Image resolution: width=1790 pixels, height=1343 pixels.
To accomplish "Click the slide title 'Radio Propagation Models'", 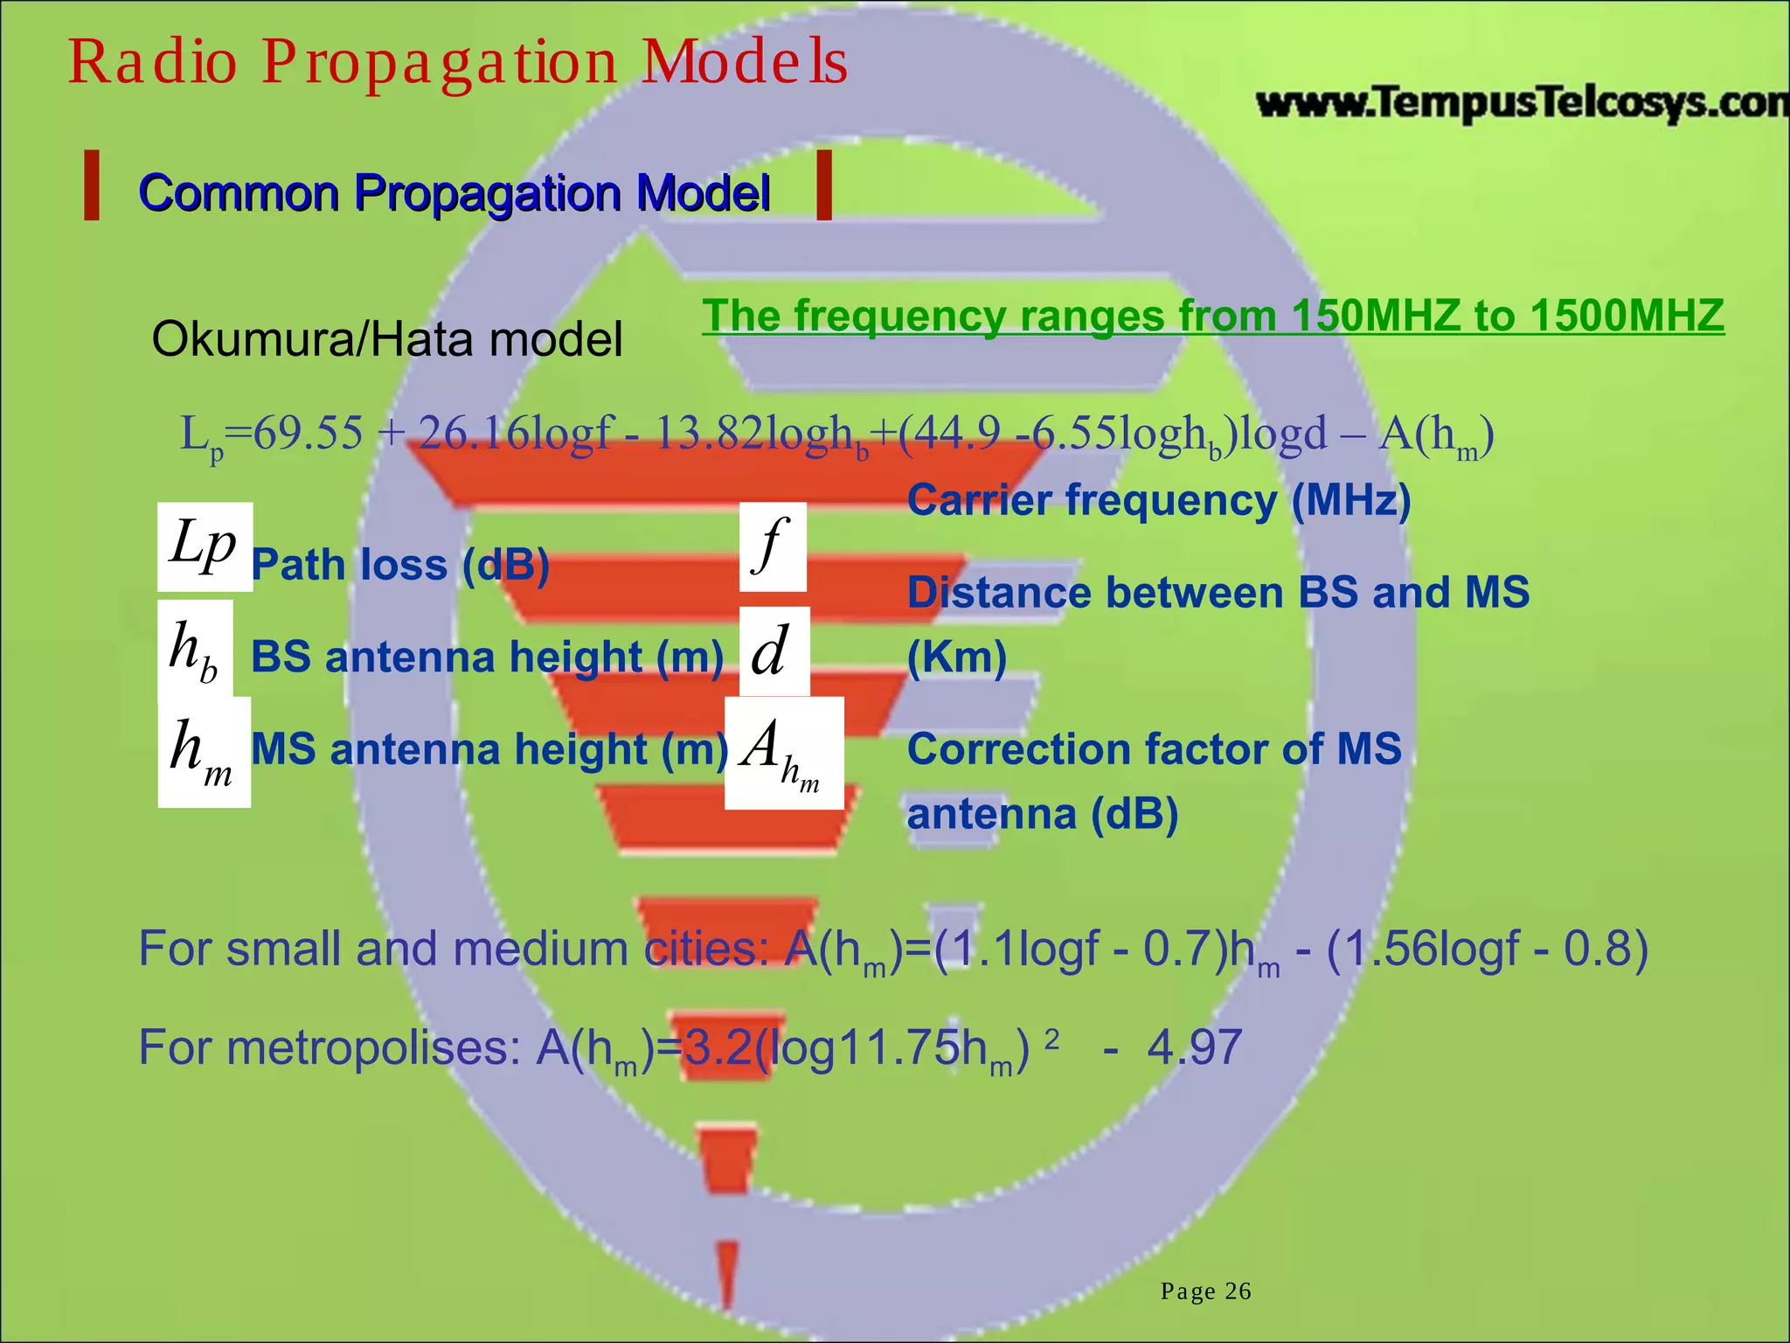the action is point(457,63).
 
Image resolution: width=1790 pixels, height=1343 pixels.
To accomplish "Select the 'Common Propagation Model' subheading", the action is point(454,192).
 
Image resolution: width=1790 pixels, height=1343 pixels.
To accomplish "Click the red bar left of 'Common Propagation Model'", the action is point(91,184).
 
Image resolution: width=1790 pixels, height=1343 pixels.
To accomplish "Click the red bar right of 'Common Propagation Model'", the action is point(822,184).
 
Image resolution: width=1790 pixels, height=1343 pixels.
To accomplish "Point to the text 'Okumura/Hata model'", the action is point(387,339).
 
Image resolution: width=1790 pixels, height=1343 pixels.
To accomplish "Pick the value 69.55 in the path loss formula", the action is point(308,434).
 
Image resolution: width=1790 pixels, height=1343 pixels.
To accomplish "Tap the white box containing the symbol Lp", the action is point(205,546).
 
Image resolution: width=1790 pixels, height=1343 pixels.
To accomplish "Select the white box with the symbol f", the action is point(773,546).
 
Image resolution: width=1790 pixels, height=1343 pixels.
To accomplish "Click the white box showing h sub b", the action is point(195,648).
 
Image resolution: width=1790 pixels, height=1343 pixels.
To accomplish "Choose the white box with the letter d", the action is point(774,651).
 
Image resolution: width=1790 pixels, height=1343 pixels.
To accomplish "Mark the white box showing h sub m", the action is point(204,751).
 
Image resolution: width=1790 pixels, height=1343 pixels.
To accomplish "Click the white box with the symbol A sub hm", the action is point(784,753).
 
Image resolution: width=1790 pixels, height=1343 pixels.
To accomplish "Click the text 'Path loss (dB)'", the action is point(400,565).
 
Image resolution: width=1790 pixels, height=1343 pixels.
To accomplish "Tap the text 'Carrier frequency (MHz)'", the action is point(1159,500).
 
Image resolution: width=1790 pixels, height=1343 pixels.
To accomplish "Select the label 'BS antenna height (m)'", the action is point(487,657).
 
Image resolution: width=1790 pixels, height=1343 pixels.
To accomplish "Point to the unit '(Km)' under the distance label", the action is point(957,657).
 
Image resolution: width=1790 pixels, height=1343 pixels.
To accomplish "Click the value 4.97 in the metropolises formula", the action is point(1194,1047).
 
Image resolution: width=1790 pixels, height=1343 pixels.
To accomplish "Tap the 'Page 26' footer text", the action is point(1205,1291).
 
